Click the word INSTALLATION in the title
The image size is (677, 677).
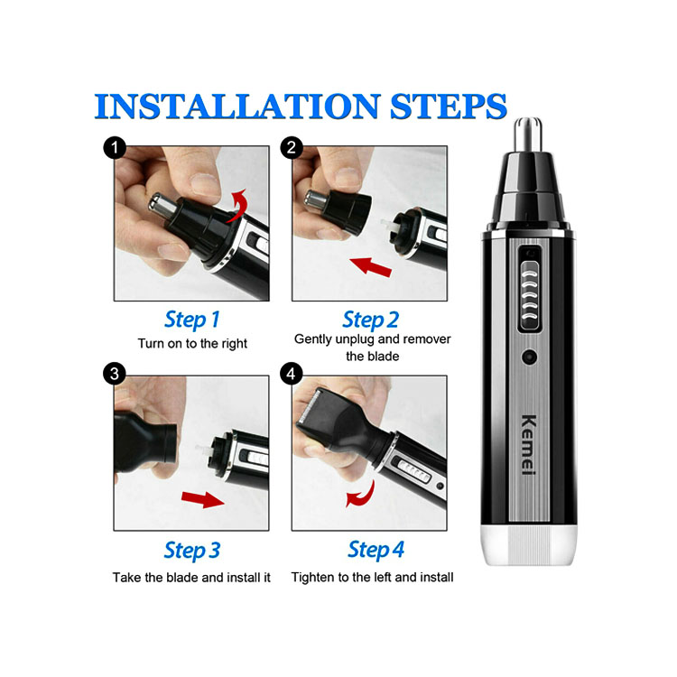236,106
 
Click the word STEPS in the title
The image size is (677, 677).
448,106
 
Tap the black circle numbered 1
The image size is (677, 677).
115,148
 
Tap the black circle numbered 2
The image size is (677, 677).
292,148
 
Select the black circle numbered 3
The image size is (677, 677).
115,374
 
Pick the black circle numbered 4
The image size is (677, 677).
292,374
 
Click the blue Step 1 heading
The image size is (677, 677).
192,320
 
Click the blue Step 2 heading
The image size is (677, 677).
370,320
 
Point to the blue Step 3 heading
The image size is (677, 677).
192,551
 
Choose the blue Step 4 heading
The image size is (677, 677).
376,550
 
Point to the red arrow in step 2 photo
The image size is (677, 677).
370,266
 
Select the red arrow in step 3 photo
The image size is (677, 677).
203,499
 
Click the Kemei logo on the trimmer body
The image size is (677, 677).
529,445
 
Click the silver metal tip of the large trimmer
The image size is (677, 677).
528,134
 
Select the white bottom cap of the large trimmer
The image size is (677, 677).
529,545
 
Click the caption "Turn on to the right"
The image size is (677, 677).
192,344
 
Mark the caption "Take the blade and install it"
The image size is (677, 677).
191,578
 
